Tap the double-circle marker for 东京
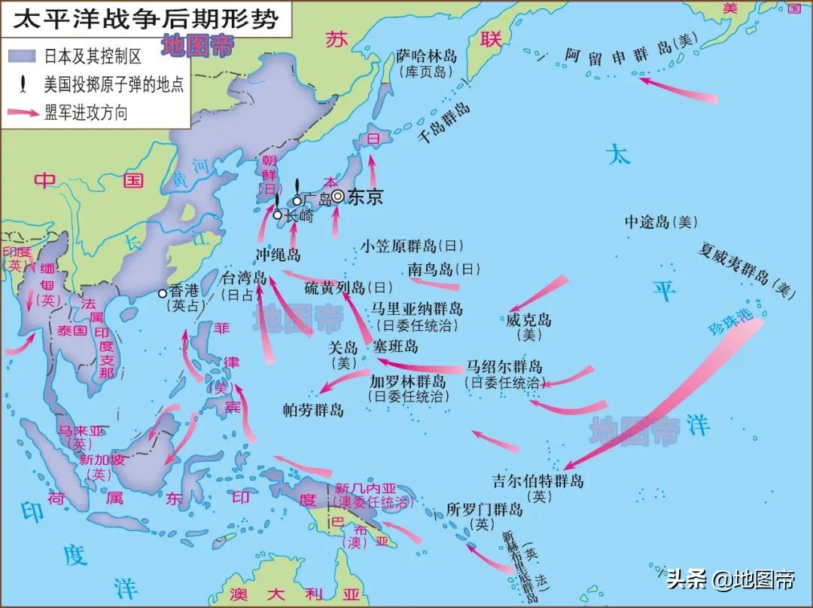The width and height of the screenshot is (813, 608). pos(338,196)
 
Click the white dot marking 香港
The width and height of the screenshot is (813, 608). pos(162,294)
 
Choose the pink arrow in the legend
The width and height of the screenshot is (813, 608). pos(23,113)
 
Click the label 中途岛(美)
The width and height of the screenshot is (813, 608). pos(662,222)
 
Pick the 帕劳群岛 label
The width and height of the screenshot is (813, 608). pos(313,410)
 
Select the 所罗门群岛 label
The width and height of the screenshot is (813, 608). pos(484,509)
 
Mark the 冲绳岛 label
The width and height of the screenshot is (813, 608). pos(278,253)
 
